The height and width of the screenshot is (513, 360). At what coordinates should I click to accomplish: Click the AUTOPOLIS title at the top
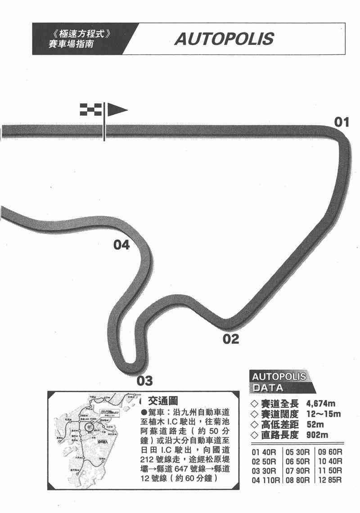click(224, 39)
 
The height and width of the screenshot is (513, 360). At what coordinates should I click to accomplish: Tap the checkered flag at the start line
click(90, 109)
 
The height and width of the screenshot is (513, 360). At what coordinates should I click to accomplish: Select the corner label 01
click(341, 121)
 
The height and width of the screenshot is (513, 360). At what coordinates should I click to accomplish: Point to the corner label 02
click(231, 339)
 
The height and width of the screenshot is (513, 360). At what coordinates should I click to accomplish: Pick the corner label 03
click(144, 381)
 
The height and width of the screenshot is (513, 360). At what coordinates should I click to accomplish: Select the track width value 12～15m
click(323, 414)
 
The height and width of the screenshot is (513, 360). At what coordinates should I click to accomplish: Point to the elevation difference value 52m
click(314, 424)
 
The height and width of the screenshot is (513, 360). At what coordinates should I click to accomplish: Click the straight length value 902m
click(317, 435)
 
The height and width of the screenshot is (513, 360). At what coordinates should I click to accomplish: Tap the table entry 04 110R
click(266, 480)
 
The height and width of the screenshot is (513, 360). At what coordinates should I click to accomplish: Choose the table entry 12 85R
click(330, 480)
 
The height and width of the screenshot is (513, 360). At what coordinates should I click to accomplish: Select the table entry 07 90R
click(298, 471)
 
